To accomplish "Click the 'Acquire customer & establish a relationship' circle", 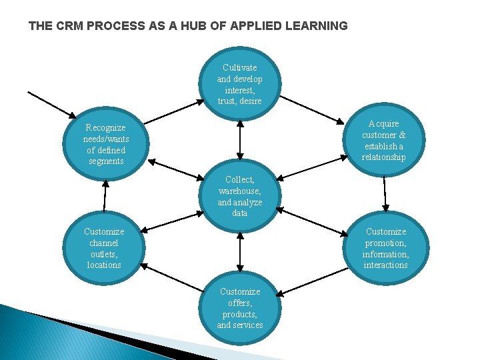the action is coord(383,141).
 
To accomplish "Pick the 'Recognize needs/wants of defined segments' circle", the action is coord(106,143).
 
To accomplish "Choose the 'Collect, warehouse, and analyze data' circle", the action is coord(240,196).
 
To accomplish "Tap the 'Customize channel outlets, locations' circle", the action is coord(104,248).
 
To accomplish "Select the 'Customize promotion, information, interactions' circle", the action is coord(385,248).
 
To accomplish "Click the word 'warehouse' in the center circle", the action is coord(239,191).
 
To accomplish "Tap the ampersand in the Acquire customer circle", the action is coord(402,135).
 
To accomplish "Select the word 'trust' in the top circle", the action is coord(227,101).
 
